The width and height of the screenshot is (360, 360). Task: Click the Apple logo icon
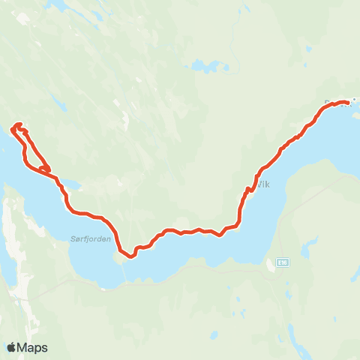(12, 347)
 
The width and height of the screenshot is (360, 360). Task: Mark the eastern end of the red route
(349, 101)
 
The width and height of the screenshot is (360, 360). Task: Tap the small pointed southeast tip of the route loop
(51, 169)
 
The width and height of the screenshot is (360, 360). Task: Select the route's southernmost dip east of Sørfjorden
(130, 256)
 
